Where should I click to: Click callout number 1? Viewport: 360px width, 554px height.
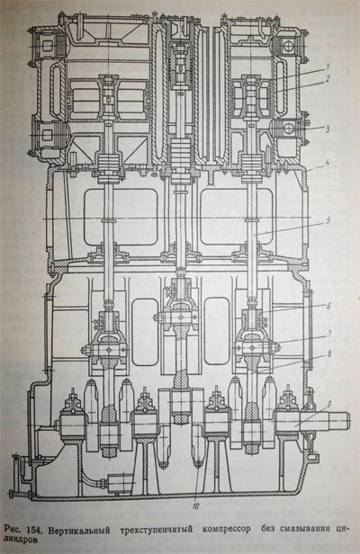click(x=328, y=66)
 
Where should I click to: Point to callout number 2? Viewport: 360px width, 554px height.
click(x=328, y=79)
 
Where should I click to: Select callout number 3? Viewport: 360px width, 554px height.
click(x=328, y=129)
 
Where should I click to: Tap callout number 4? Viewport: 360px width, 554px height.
click(x=328, y=163)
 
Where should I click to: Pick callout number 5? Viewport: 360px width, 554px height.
click(x=328, y=221)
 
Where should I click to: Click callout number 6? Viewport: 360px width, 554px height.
click(x=328, y=306)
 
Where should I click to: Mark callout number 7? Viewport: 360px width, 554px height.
click(x=328, y=334)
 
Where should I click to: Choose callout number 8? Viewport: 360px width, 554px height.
click(x=328, y=353)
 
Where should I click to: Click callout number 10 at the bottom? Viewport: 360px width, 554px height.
click(x=195, y=506)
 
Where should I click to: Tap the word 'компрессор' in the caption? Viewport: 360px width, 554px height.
click(x=227, y=530)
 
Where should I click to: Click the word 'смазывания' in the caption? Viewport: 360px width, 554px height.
click(x=306, y=529)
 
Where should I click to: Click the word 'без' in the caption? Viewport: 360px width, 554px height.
click(x=269, y=529)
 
